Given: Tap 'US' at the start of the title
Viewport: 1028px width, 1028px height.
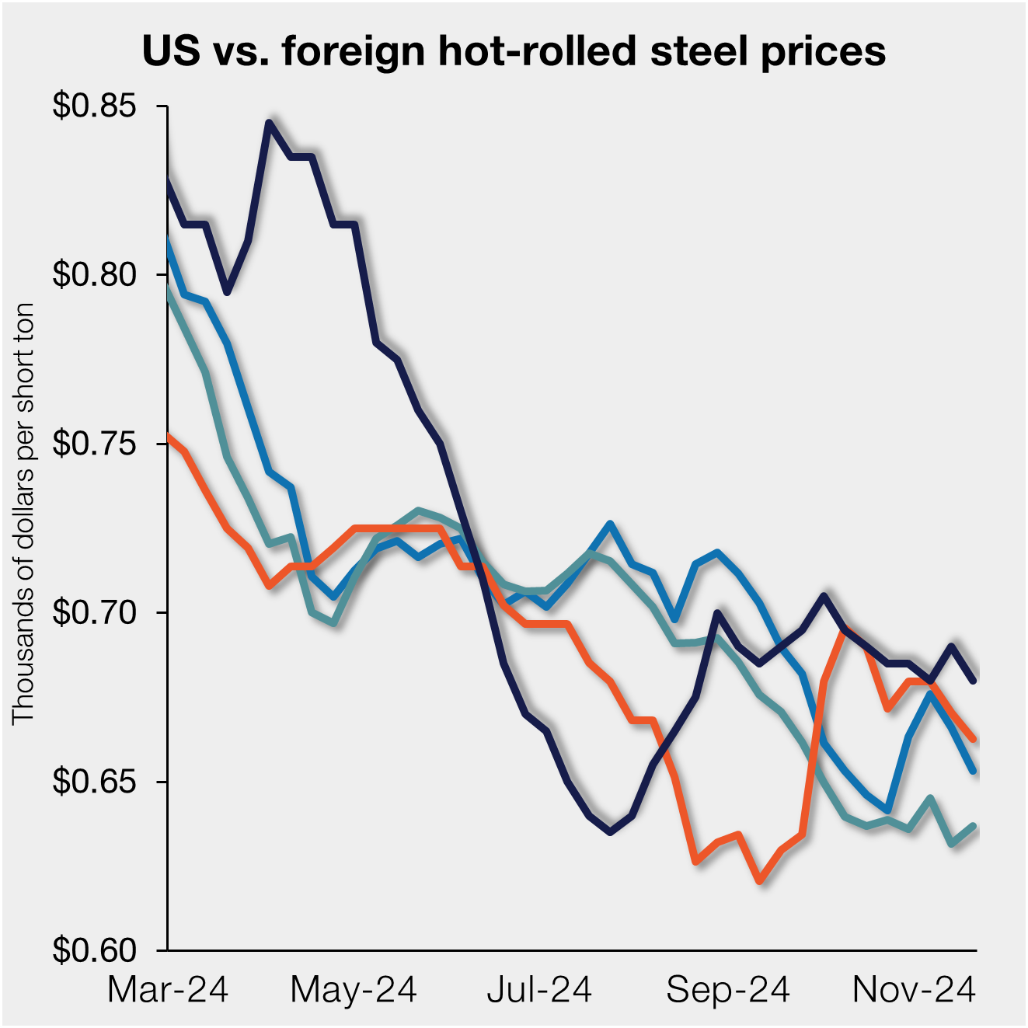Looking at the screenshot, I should coord(171,51).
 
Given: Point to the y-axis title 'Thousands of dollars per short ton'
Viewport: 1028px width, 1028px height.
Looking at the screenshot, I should coord(23,513).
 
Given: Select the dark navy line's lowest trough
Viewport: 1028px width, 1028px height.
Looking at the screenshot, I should coord(611,832).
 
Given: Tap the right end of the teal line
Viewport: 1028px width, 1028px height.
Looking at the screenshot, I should coord(974,826).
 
